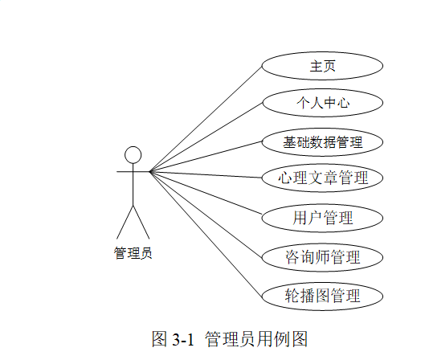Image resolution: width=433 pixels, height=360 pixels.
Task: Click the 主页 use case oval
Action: tap(322, 66)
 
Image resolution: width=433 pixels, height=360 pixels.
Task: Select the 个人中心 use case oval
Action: tap(322, 104)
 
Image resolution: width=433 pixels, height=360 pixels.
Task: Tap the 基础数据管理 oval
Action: tap(322, 142)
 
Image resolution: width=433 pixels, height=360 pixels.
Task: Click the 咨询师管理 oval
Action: tap(322, 257)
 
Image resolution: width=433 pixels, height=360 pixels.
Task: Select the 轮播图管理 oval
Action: tap(322, 295)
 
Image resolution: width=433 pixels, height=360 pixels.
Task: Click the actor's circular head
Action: tap(133, 154)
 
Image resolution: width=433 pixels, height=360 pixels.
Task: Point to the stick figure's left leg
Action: tap(125, 221)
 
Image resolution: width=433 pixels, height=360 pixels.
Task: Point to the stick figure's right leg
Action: tap(142, 221)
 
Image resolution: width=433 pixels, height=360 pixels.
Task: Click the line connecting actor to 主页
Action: tap(206, 118)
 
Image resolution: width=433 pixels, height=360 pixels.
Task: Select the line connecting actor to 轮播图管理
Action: tap(206, 232)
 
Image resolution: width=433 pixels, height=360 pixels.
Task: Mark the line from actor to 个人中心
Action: tap(206, 137)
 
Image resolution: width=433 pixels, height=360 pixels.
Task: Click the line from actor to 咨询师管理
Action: tap(206, 213)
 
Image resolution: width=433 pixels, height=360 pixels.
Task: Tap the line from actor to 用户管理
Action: tap(206, 194)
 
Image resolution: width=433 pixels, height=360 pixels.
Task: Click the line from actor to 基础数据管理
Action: tap(206, 157)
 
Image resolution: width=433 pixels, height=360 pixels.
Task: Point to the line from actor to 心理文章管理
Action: tap(206, 174)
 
